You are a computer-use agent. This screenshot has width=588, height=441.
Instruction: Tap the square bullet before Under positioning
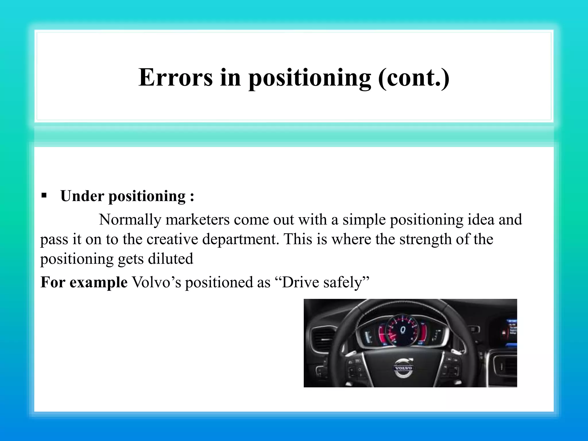point(44,196)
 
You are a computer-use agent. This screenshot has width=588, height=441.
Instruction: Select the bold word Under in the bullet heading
point(82,196)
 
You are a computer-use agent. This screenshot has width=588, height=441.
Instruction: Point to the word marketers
point(198,220)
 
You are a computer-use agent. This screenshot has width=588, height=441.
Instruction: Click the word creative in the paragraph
point(172,239)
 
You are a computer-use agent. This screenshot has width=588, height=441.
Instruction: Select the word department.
point(240,240)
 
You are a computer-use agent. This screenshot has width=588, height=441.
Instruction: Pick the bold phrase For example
point(84,282)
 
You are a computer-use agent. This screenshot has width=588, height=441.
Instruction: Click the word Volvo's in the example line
point(156,282)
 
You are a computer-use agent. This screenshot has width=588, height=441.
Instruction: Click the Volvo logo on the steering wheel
point(403,368)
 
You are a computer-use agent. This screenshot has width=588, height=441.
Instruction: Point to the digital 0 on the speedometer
point(403,330)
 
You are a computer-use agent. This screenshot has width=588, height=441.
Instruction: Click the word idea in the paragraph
point(481,220)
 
